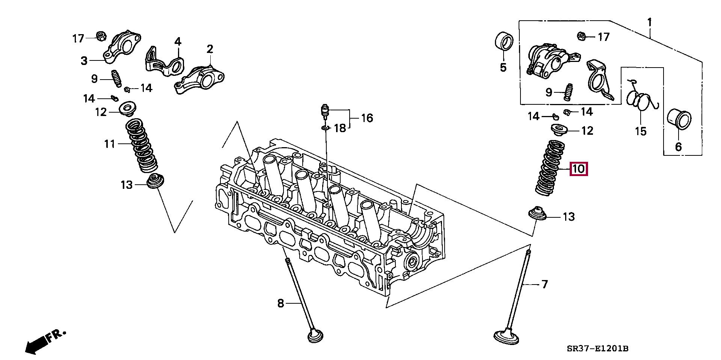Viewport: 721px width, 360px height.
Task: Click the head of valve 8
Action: (x=315, y=336)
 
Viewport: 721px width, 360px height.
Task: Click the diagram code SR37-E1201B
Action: (x=597, y=349)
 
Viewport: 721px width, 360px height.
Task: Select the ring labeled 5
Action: (x=503, y=41)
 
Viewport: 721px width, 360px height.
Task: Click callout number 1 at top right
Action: (x=649, y=23)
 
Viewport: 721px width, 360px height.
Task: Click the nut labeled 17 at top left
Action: (x=101, y=36)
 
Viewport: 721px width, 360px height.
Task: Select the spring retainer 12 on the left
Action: (x=127, y=108)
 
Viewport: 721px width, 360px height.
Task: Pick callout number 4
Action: (x=177, y=41)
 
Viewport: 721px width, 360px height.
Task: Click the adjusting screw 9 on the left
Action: (x=116, y=78)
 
